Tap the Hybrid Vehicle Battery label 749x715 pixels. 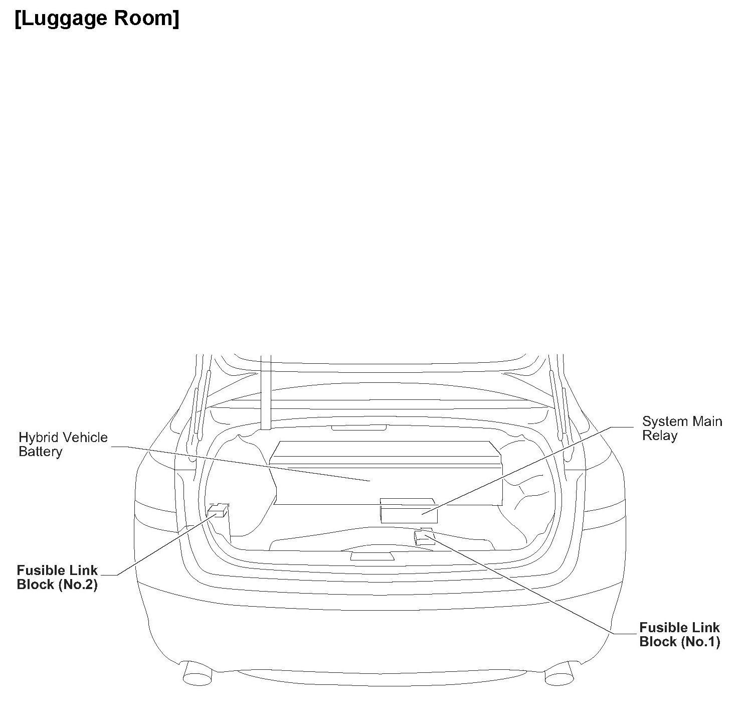pyautogui.click(x=63, y=445)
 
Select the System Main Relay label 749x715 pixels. pyautogui.click(x=682, y=428)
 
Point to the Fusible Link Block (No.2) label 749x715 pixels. pyautogui.click(x=57, y=578)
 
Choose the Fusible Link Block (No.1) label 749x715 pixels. pyautogui.click(x=679, y=635)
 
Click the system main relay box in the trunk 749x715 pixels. pyautogui.click(x=409, y=512)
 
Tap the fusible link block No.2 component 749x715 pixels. pyautogui.click(x=218, y=511)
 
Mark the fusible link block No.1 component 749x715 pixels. pyautogui.click(x=424, y=537)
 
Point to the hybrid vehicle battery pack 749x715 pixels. pyautogui.click(x=386, y=472)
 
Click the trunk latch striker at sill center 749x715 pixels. pyautogui.click(x=371, y=556)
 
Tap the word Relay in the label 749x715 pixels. pyautogui.click(x=659, y=436)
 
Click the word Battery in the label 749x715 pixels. pyautogui.click(x=41, y=452)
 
